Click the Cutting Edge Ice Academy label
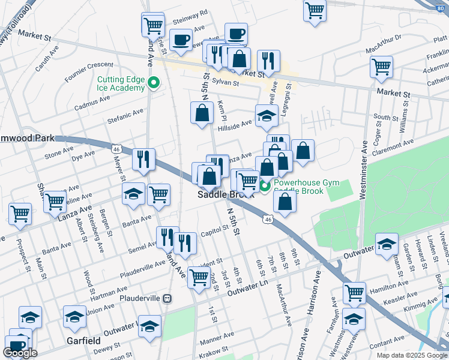[x=122, y=83]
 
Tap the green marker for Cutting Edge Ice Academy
[x=153, y=83]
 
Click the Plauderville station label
[x=142, y=298]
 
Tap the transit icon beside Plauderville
[x=169, y=298]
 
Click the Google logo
[x=20, y=353]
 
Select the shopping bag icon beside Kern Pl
[x=202, y=112]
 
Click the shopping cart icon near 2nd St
[x=199, y=276]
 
